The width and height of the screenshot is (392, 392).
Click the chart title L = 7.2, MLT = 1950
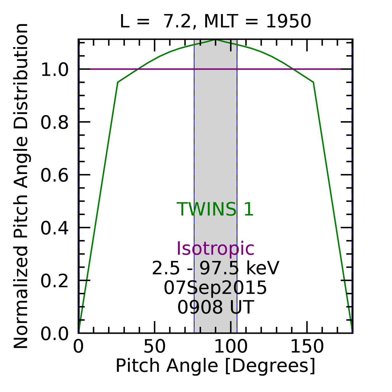(x=215, y=22)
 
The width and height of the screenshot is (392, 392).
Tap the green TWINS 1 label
(x=215, y=209)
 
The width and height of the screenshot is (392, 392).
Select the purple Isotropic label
(x=215, y=248)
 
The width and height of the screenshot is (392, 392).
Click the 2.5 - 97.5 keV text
(x=215, y=269)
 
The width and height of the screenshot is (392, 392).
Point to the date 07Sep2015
(x=215, y=288)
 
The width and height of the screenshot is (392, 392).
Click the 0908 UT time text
(x=215, y=307)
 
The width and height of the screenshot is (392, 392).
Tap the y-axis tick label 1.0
(x=54, y=70)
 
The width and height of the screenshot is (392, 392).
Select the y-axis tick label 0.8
(x=54, y=123)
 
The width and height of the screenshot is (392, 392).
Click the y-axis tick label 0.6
(x=54, y=175)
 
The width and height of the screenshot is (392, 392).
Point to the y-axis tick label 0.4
(x=54, y=228)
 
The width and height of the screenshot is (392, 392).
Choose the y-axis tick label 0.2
(x=54, y=281)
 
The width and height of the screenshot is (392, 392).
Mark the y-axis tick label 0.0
(x=54, y=334)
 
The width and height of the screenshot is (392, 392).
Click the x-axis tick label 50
(x=155, y=347)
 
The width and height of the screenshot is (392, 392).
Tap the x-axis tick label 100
(x=231, y=347)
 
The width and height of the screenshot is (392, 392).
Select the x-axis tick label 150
(x=307, y=347)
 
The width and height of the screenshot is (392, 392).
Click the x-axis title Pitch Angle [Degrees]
(x=215, y=366)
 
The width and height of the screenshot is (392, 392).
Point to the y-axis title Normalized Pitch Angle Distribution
(x=21, y=186)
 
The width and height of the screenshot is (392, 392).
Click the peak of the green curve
(x=216, y=40)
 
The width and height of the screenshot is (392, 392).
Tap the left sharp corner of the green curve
(x=118, y=82)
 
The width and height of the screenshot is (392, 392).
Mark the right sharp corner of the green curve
(x=313, y=82)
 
